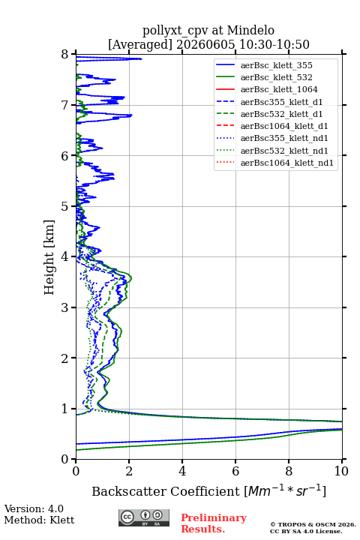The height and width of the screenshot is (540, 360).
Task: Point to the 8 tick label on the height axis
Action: (x=65, y=55)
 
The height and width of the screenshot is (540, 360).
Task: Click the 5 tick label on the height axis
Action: (x=65, y=206)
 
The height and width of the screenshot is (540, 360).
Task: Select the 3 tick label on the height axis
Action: (x=65, y=307)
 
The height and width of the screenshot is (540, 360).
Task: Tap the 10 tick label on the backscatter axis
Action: (x=341, y=471)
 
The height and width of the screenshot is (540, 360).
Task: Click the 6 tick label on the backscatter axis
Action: (x=235, y=471)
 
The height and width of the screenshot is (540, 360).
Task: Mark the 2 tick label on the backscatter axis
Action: (x=129, y=471)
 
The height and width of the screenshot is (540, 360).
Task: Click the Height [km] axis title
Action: (x=49, y=257)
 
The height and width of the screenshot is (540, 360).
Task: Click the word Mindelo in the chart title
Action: (x=250, y=30)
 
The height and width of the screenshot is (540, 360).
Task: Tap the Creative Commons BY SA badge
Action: (x=144, y=518)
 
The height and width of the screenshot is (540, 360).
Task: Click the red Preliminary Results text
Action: (x=214, y=523)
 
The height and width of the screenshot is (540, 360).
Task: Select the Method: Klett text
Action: (x=39, y=520)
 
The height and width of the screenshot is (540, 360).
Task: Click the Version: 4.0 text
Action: (x=34, y=508)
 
